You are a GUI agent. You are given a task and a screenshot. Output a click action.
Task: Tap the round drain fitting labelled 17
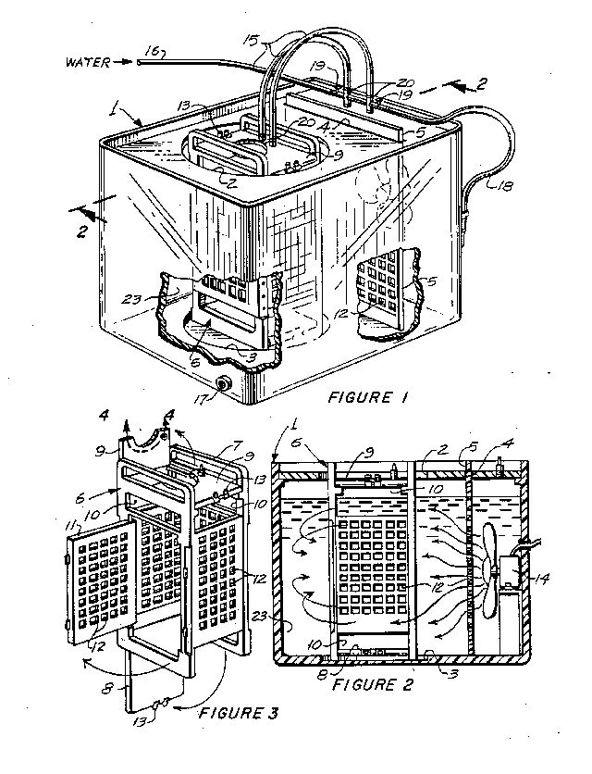[x=226, y=384]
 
